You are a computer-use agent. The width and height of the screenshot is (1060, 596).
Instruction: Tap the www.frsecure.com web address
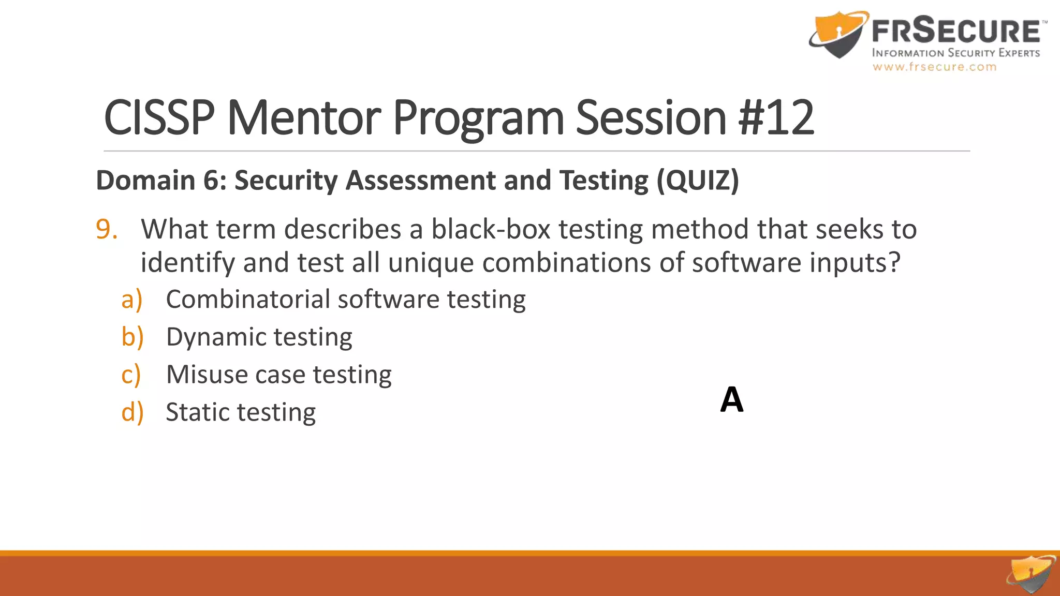[x=934, y=67]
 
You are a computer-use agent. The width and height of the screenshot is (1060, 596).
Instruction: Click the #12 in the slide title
[x=776, y=117]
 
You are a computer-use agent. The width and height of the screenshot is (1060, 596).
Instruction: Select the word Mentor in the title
[x=304, y=117]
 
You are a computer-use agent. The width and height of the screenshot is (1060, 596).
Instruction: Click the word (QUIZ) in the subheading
[x=698, y=181]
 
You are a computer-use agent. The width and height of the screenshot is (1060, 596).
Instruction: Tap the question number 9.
[x=107, y=229]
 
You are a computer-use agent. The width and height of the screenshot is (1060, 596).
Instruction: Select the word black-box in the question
[x=491, y=229]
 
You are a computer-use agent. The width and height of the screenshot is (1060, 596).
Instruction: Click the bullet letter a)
[x=131, y=300]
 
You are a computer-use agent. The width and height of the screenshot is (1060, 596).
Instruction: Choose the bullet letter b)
[x=132, y=337]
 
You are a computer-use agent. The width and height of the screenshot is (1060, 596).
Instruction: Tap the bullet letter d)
[x=132, y=412]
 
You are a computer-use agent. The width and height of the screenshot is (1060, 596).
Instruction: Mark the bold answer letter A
[x=732, y=400]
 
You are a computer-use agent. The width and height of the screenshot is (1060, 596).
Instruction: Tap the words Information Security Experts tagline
[x=956, y=53]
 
